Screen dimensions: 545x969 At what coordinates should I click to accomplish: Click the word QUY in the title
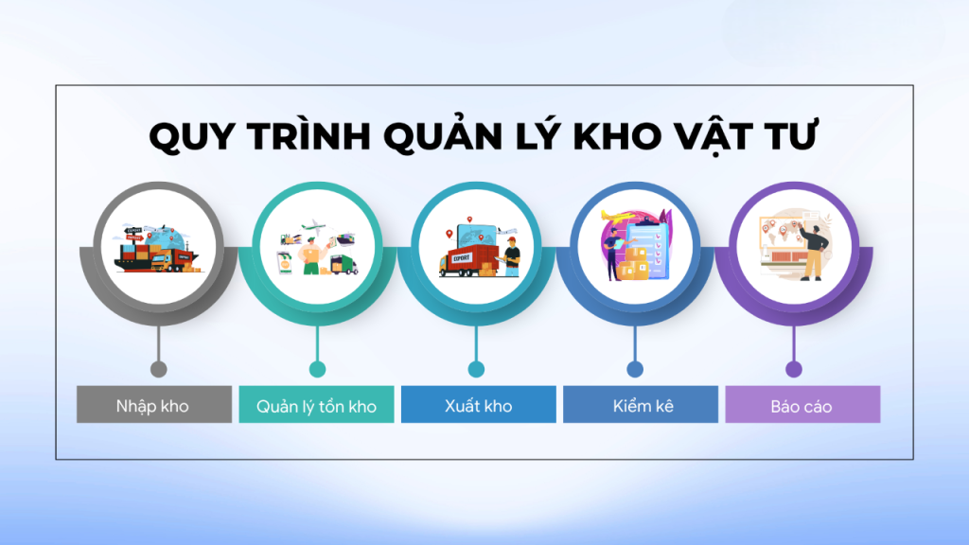(192, 138)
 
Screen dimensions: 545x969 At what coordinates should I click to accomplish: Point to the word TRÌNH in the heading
(310, 138)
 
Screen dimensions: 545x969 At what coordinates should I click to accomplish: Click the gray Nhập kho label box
(153, 406)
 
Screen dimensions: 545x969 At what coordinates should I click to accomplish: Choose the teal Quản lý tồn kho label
(316, 406)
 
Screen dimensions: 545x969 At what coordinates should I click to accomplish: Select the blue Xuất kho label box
(478, 406)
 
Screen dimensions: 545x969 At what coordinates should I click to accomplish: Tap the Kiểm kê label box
(641, 406)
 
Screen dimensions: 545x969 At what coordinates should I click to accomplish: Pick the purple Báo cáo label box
(802, 406)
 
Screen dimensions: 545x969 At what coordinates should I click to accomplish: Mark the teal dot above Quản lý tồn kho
(317, 369)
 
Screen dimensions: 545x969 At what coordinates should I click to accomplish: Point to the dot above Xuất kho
(476, 369)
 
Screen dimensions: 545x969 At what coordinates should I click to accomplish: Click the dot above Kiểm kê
(635, 369)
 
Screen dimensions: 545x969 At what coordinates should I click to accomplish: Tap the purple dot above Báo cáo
(794, 369)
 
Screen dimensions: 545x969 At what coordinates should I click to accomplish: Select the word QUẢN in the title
(455, 138)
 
